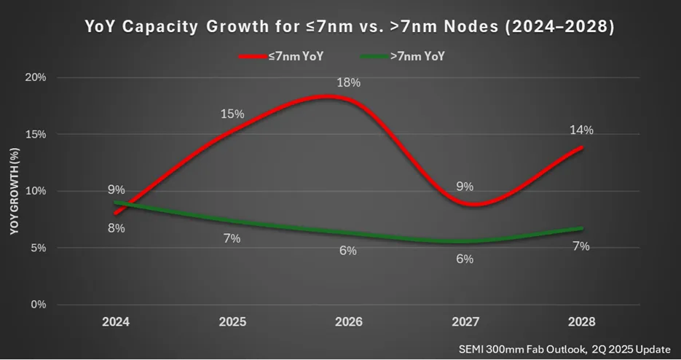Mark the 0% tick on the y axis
39,305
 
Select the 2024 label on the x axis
116,321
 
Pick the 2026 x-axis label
348,321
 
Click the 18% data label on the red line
348,82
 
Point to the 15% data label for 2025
232,114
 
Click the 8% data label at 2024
117,228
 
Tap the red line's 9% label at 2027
465,186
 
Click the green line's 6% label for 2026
348,251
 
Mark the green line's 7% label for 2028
580,246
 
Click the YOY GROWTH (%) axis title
14,191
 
